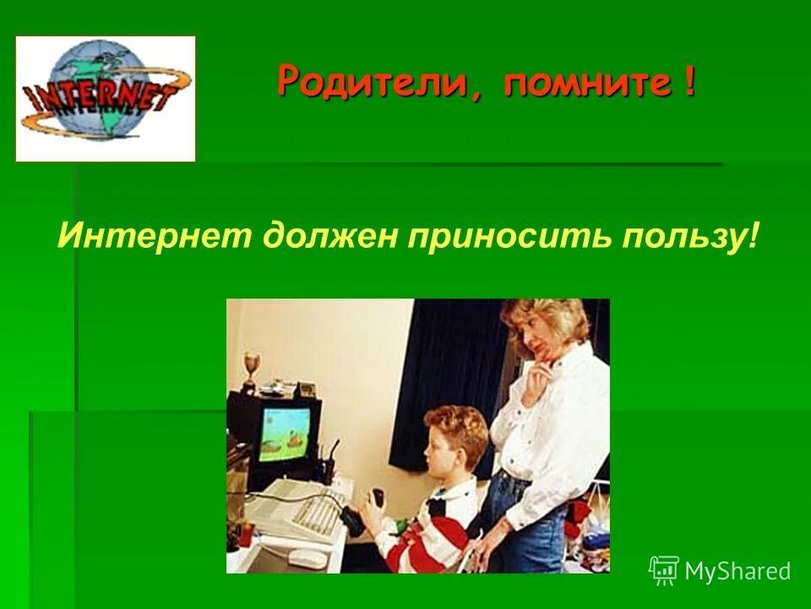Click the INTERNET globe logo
pyautogui.click(x=106, y=99)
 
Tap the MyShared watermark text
pyautogui.click(x=737, y=571)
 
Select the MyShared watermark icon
pyautogui.click(x=663, y=571)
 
